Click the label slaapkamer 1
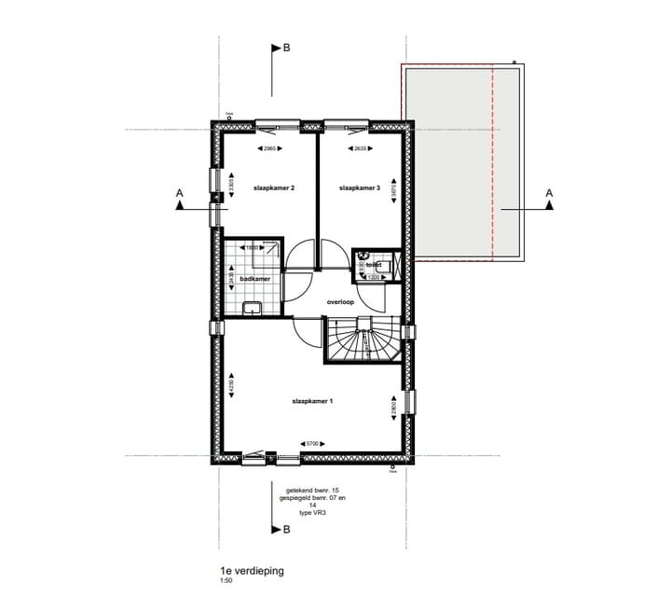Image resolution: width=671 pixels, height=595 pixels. pyautogui.click(x=312, y=401)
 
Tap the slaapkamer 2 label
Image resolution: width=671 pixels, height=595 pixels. pyautogui.click(x=274, y=188)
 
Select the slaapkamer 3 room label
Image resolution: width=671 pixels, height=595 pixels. pyautogui.click(x=361, y=188)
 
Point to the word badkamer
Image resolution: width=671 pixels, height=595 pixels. pyautogui.click(x=254, y=279)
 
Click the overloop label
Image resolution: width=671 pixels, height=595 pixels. pyautogui.click(x=340, y=302)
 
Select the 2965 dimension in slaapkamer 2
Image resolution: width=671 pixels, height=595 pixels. pyautogui.click(x=270, y=149)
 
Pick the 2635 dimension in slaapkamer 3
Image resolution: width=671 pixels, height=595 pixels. pyautogui.click(x=360, y=149)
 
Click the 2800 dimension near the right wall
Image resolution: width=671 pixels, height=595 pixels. pyautogui.click(x=394, y=408)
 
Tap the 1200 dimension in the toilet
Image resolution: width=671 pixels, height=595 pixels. pyautogui.click(x=375, y=277)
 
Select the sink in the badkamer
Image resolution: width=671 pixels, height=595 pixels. pyautogui.click(x=252, y=308)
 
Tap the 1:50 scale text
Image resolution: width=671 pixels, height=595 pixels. pyautogui.click(x=226, y=580)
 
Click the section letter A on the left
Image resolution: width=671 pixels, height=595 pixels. pyautogui.click(x=179, y=193)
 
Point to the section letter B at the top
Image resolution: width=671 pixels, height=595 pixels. pyautogui.click(x=286, y=48)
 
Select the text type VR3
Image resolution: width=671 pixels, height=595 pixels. pyautogui.click(x=300, y=513)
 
